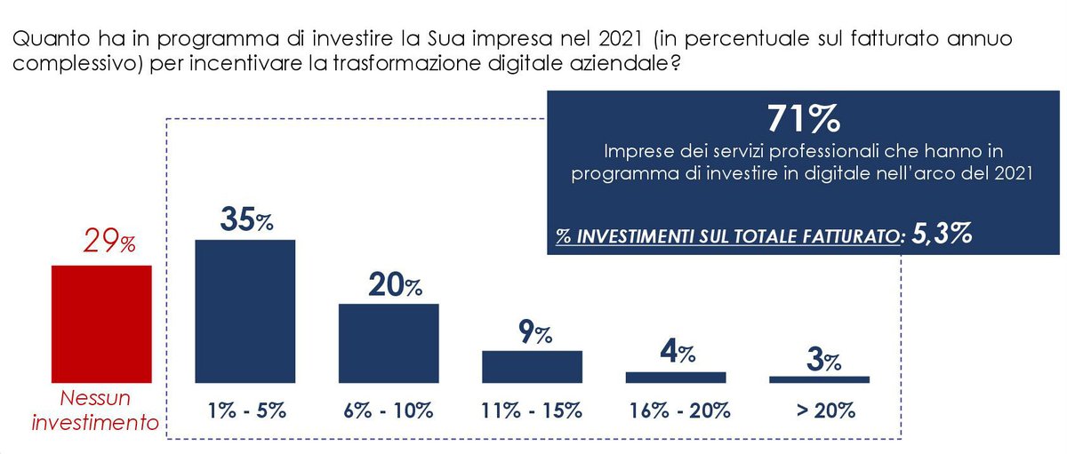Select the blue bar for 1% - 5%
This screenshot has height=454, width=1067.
coord(245,311)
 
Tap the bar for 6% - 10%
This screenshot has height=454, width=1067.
coord(389,343)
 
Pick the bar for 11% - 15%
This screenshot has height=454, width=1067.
coord(532,366)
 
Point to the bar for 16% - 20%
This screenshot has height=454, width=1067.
coord(676,377)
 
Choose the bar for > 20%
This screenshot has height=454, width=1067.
coord(819,379)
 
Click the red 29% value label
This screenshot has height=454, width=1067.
coord(109,243)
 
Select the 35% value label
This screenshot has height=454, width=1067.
coord(246,220)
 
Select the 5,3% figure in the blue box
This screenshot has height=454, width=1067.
coord(941,235)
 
